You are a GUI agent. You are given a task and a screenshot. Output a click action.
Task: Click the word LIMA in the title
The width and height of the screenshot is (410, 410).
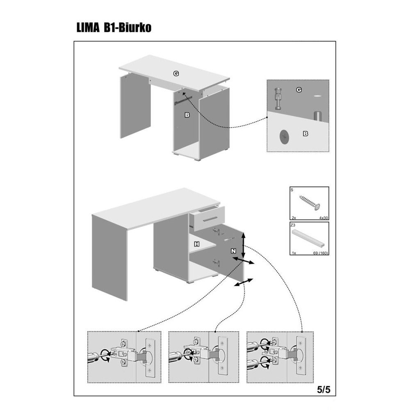[x=88, y=27]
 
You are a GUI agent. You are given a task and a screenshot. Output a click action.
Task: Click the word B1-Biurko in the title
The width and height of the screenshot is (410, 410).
[x=128, y=27]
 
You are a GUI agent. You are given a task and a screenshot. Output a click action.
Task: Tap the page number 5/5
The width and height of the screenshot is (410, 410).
[x=324, y=389]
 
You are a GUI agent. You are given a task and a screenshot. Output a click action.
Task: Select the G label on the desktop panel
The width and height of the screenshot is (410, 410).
[x=176, y=73]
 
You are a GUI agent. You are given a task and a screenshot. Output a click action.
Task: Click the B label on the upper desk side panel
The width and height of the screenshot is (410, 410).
[x=187, y=115]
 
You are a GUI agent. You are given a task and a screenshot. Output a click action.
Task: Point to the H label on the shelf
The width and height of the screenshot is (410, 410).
[x=197, y=244]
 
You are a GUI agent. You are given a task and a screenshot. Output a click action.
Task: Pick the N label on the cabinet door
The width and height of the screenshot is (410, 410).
[x=233, y=251]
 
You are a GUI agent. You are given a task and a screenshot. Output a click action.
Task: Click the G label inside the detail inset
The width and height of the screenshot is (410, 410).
[x=299, y=90]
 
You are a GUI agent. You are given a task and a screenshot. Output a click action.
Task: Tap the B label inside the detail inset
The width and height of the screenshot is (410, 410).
[x=305, y=134]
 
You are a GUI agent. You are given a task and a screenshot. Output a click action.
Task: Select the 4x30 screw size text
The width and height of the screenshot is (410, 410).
[x=323, y=218]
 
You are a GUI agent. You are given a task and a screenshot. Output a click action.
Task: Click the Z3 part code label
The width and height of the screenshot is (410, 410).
[x=293, y=225]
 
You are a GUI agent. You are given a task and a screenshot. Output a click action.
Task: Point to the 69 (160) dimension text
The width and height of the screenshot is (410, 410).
[x=321, y=253]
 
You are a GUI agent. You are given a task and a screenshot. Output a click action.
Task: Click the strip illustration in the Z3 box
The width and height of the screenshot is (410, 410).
[x=309, y=238]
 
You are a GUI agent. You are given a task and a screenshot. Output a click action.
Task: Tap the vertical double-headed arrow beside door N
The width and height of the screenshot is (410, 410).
[x=244, y=246]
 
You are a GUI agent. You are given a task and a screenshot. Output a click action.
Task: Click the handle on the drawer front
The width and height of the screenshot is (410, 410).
[x=210, y=219]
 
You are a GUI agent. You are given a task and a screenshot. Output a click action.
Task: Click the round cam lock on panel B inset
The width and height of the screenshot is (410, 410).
[x=284, y=137]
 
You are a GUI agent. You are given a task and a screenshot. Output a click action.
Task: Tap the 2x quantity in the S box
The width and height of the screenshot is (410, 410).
[x=294, y=218]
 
